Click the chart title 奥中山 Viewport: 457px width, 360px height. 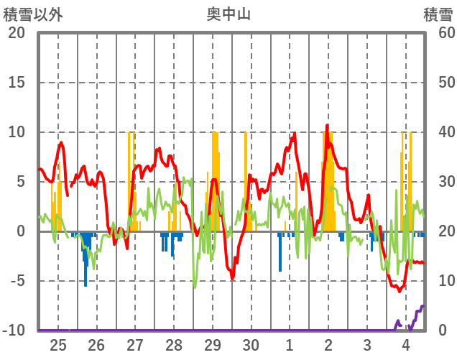[228, 14]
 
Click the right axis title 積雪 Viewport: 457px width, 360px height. [438, 14]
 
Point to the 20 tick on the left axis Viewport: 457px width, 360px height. [17, 33]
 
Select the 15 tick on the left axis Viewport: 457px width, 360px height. [17, 83]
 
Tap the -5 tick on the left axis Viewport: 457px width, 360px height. [17, 281]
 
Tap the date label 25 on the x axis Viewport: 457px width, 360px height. [57, 344]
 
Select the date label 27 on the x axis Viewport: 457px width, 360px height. [135, 344]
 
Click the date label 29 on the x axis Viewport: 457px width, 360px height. [212, 344]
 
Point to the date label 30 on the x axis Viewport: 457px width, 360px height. [251, 344]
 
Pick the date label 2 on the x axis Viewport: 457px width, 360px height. [328, 344]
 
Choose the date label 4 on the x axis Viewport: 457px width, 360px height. [405, 344]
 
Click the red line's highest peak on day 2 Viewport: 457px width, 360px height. [328, 126]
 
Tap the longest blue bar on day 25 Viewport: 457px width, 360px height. [86, 259]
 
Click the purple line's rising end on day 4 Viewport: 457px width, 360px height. [423, 306]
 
